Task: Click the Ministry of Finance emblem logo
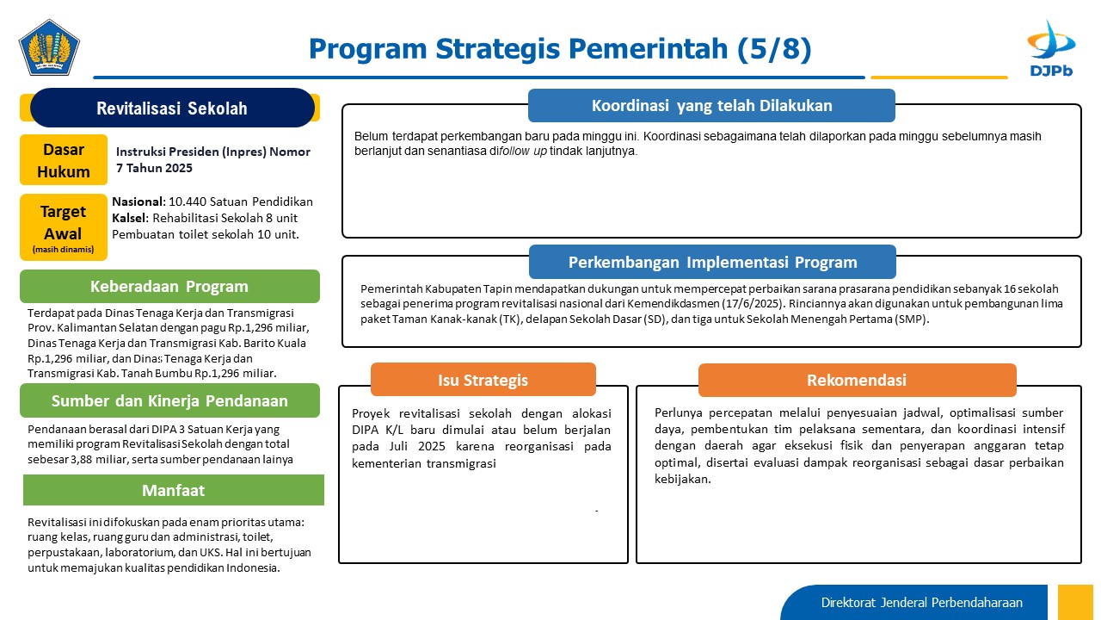[49, 47]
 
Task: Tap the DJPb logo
[1051, 48]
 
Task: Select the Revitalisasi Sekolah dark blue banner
[172, 108]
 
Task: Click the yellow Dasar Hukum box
[64, 160]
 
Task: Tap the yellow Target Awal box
[64, 226]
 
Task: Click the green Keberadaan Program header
[169, 287]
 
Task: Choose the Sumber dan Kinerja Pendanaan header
[169, 400]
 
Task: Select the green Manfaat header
[174, 490]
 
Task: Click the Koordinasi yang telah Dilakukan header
[711, 105]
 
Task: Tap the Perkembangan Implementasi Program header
[713, 262]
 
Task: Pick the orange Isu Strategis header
[483, 380]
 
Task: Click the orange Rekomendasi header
[858, 380]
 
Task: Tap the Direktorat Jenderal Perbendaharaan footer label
[921, 603]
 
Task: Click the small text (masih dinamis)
[63, 250]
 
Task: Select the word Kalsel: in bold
[130, 218]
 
